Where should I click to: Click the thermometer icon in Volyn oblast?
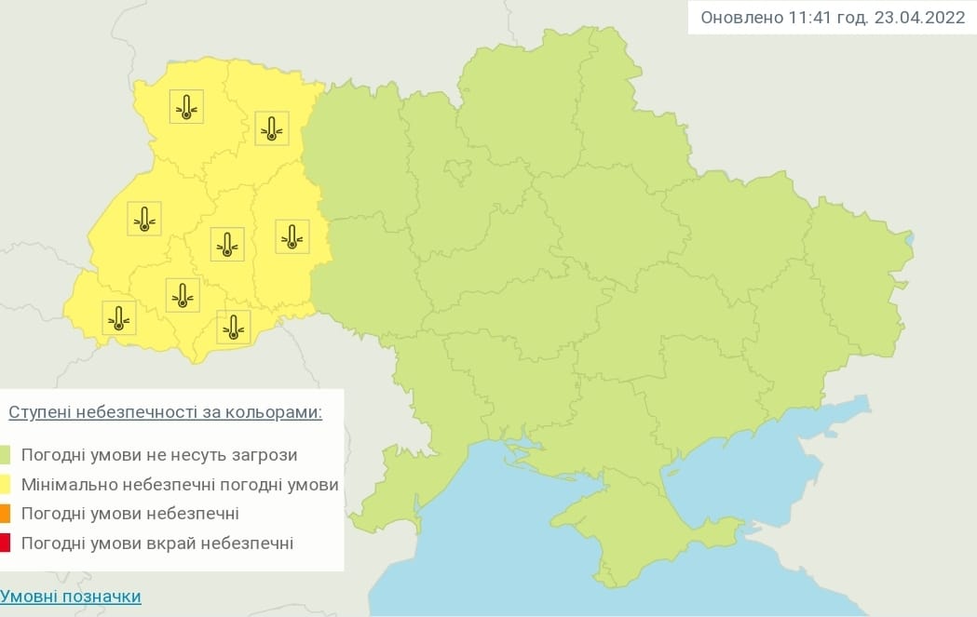point(186,107)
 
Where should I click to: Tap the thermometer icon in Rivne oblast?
point(271,127)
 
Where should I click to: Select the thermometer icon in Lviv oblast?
point(144,218)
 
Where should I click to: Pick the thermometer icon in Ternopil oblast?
point(226,243)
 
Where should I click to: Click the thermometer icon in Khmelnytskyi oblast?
point(292,236)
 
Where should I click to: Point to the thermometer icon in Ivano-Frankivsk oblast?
point(183,294)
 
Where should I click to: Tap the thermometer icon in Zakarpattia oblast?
point(118,317)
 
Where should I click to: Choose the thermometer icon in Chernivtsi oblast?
point(233,326)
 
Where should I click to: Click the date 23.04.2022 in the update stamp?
point(919,18)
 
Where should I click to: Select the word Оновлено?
point(738,18)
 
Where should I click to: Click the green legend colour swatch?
point(6,455)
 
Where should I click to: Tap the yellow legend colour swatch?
point(6,485)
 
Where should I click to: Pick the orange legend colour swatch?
point(6,514)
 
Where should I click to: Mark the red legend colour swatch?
point(6,543)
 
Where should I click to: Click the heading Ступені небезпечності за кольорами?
point(166,412)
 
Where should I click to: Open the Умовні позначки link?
point(71,597)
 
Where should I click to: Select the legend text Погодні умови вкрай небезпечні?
point(156,543)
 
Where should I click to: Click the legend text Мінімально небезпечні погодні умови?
point(179,485)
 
